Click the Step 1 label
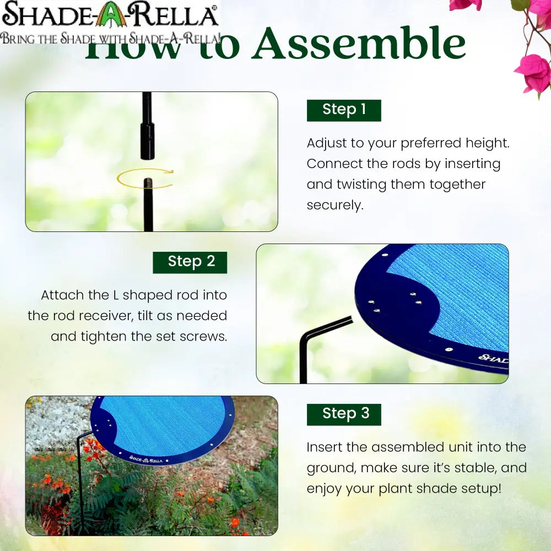point(344,110)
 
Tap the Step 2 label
point(190,262)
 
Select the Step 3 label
point(344,414)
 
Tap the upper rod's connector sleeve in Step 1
point(147,141)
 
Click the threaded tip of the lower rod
point(148,182)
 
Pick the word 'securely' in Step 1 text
point(335,206)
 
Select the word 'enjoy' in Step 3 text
point(325,489)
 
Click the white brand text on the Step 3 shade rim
point(145,458)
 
